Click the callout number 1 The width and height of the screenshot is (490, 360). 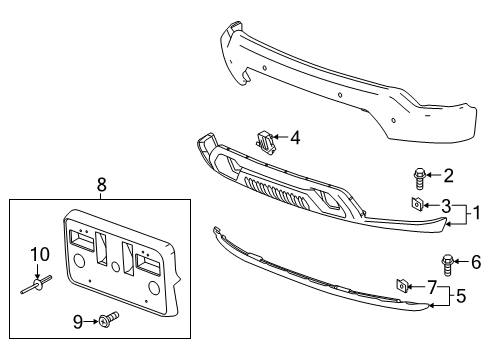[x=478, y=211]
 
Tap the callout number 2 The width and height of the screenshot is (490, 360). [x=448, y=177]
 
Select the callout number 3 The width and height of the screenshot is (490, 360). [x=448, y=205]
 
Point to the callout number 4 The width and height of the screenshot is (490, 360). [x=294, y=138]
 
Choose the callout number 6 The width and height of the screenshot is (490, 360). [x=474, y=263]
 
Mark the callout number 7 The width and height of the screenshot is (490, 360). [x=432, y=287]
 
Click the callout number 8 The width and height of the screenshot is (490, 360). [x=101, y=185]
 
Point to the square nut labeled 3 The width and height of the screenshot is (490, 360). [x=414, y=205]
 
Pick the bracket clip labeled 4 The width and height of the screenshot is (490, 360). [x=266, y=141]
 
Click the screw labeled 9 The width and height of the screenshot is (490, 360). [x=107, y=321]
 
